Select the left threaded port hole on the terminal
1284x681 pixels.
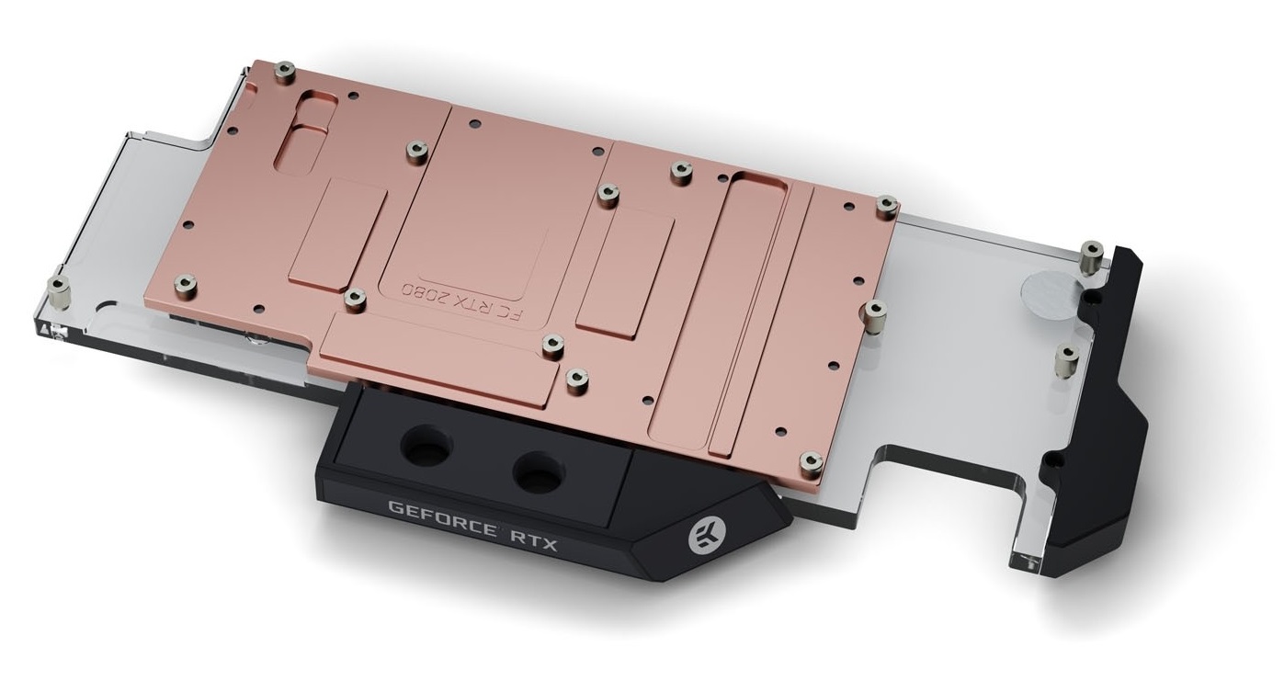pyautogui.click(x=426, y=446)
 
